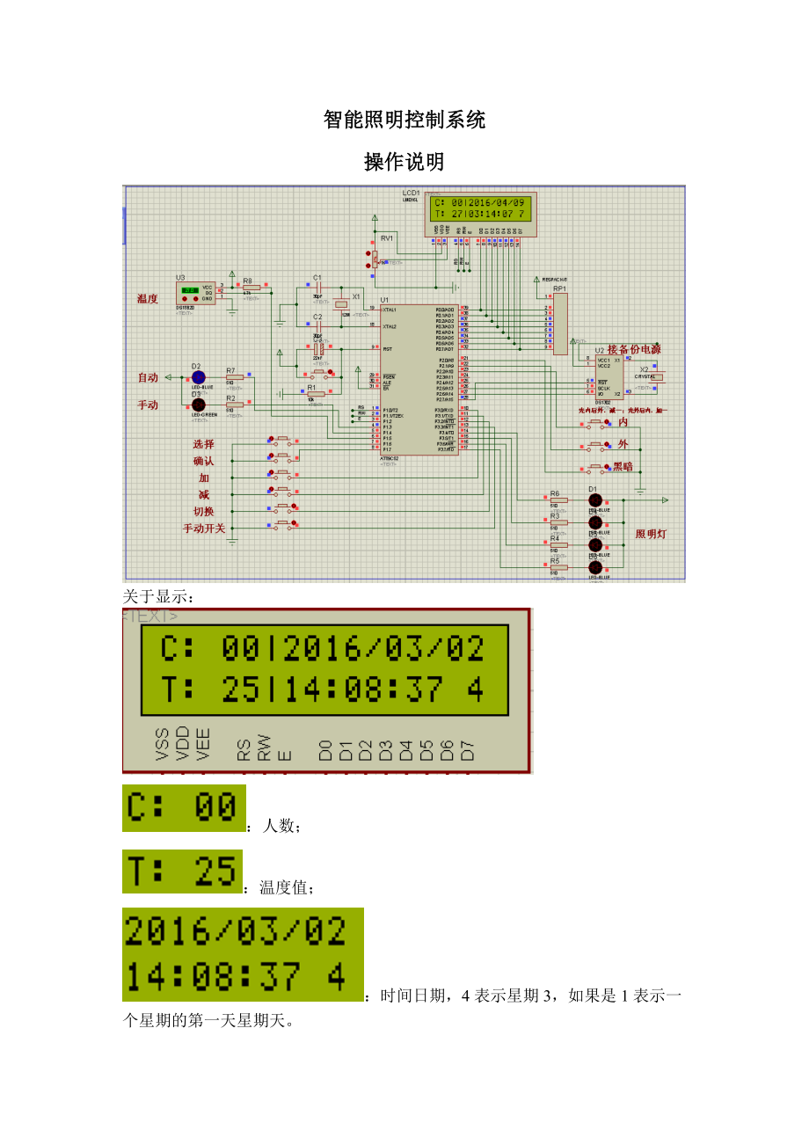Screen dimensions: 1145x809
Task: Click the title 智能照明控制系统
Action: click(x=404, y=120)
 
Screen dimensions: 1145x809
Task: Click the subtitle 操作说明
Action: click(x=404, y=163)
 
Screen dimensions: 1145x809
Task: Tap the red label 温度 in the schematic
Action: click(x=147, y=299)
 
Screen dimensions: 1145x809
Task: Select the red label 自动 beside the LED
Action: click(x=147, y=378)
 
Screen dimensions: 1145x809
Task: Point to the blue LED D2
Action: click(x=198, y=377)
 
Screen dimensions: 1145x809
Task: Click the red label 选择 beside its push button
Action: click(x=203, y=444)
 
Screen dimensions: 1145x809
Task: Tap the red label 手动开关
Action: click(x=204, y=529)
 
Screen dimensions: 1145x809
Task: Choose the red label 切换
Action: click(x=203, y=512)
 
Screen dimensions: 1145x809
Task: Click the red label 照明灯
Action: click(x=652, y=534)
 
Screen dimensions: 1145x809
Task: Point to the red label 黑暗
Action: click(x=623, y=466)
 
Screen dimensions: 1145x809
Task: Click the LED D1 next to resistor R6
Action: click(x=595, y=500)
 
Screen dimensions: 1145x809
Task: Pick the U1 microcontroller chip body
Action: click(x=419, y=380)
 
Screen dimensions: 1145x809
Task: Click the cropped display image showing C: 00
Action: click(x=183, y=808)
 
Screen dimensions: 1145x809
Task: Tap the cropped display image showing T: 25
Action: click(x=182, y=870)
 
